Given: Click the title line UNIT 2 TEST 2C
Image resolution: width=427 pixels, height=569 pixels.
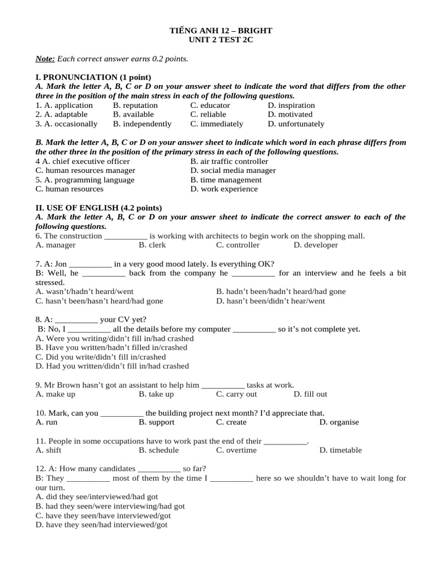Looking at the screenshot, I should click(x=221, y=41).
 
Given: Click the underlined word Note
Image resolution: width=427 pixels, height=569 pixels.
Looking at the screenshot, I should click(x=44, y=58).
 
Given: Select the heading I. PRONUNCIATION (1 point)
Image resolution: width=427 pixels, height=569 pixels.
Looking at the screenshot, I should click(x=93, y=77).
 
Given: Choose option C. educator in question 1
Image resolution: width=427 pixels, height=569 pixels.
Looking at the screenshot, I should click(x=210, y=105).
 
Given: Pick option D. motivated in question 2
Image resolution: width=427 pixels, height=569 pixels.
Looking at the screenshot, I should click(x=290, y=114).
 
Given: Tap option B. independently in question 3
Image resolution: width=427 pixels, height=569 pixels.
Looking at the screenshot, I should click(x=142, y=124).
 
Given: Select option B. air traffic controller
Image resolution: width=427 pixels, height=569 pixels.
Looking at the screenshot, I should click(x=229, y=161).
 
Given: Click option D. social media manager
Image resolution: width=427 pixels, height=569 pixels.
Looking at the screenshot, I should click(x=232, y=171).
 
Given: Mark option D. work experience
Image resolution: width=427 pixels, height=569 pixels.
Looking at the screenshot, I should click(x=224, y=189).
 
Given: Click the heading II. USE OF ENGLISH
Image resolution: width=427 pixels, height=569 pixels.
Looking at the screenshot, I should click(x=98, y=208).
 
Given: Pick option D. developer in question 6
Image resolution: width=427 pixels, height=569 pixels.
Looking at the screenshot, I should click(x=315, y=245).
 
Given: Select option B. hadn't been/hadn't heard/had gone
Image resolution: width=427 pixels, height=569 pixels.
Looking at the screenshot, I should click(x=281, y=291).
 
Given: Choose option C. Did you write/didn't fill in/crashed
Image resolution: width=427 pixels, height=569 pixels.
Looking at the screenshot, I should click(x=101, y=357).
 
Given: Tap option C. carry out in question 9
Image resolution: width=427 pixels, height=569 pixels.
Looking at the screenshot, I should click(x=236, y=394).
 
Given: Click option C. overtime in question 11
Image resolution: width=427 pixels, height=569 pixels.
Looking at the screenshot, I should click(x=236, y=450).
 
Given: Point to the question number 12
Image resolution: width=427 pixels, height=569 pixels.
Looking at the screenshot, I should click(x=39, y=468).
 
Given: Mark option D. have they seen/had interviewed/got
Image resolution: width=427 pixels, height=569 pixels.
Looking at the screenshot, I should click(x=101, y=525).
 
